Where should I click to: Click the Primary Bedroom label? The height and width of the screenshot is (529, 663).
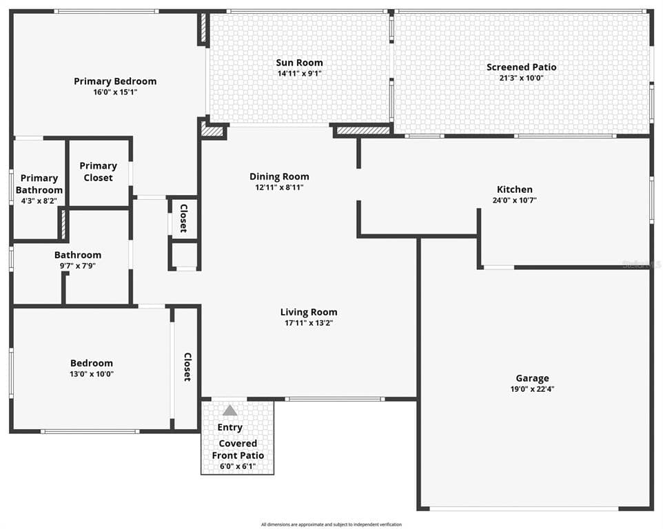pyautogui.click(x=115, y=81)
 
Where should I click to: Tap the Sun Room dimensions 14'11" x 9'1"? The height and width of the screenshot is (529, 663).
pyautogui.click(x=299, y=74)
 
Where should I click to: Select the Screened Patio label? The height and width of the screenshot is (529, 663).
pyautogui.click(x=521, y=67)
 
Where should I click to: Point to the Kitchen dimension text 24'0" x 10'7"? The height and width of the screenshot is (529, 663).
pyautogui.click(x=514, y=200)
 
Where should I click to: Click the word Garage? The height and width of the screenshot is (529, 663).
pyautogui.click(x=532, y=378)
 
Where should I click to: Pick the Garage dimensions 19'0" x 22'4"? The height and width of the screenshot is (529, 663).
pyautogui.click(x=532, y=389)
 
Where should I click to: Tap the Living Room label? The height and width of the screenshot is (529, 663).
pyautogui.click(x=308, y=312)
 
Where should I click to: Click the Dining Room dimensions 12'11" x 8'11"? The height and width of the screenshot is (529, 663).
pyautogui.click(x=279, y=187)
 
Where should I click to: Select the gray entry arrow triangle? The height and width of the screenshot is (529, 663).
pyautogui.click(x=230, y=411)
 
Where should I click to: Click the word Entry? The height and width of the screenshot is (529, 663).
pyautogui.click(x=229, y=428)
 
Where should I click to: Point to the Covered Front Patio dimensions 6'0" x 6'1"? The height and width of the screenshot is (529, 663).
pyautogui.click(x=237, y=466)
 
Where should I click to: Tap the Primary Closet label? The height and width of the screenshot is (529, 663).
pyautogui.click(x=98, y=172)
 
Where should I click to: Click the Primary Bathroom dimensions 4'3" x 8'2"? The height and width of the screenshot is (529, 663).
pyautogui.click(x=39, y=201)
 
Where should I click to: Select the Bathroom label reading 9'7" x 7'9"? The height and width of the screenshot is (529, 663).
pyautogui.click(x=78, y=265)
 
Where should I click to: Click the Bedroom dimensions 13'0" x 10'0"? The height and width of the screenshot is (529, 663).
pyautogui.click(x=91, y=374)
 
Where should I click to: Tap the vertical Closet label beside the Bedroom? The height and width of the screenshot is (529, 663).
pyautogui.click(x=187, y=367)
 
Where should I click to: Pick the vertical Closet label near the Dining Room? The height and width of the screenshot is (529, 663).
pyautogui.click(x=183, y=218)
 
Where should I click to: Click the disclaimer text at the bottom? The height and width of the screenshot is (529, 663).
pyautogui.click(x=331, y=524)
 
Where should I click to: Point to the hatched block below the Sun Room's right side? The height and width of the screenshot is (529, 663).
pyautogui.click(x=362, y=129)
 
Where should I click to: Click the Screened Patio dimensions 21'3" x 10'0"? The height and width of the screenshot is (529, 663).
pyautogui.click(x=521, y=78)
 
